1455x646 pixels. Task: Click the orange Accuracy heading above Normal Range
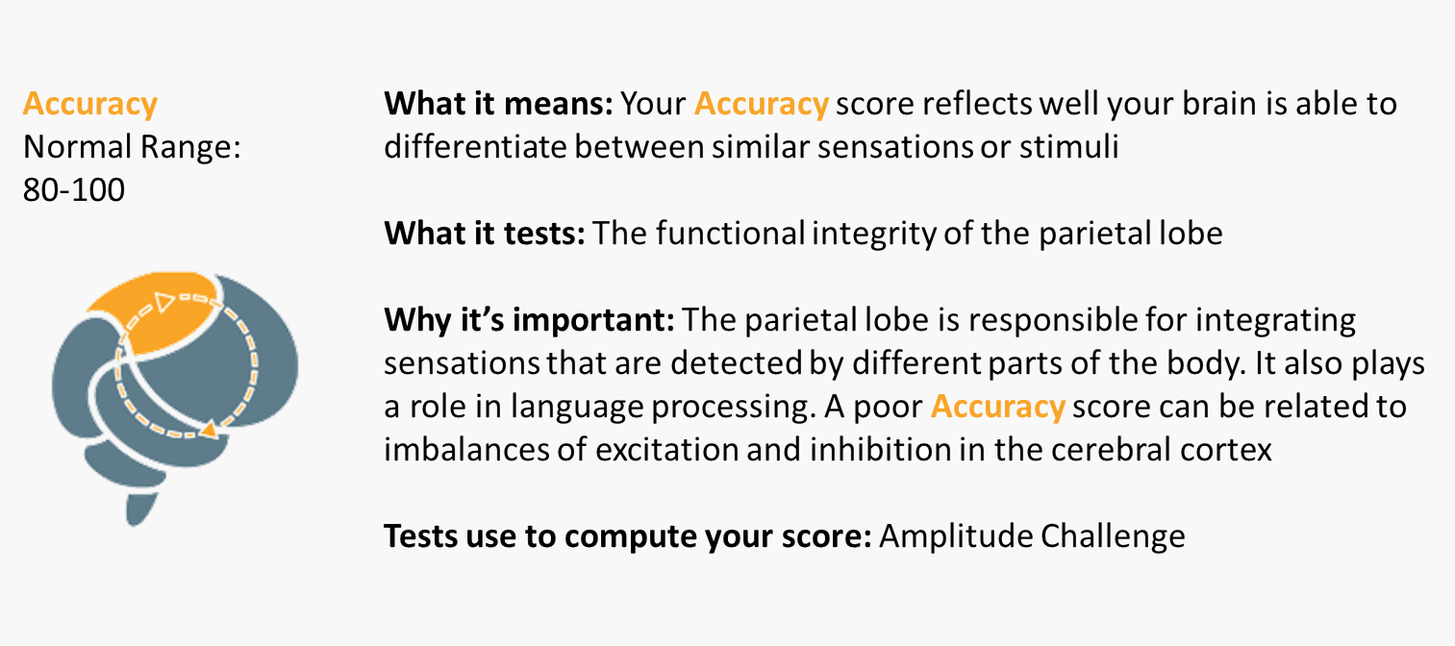point(90,104)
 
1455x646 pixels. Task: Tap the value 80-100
point(74,190)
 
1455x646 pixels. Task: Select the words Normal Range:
point(132,147)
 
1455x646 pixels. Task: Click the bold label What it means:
point(498,104)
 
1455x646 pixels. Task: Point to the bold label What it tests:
point(485,233)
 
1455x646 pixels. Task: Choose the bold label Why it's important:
point(529,320)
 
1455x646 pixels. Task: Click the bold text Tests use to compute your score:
point(627,536)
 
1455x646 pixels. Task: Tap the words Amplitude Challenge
point(1032,536)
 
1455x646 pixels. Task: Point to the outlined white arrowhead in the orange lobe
point(163,302)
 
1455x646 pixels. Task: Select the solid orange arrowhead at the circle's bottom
point(209,429)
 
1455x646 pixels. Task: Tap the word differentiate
point(475,147)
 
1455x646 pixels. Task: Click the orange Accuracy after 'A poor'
point(997,407)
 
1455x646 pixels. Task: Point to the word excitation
point(667,450)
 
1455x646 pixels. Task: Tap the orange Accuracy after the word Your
point(762,104)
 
